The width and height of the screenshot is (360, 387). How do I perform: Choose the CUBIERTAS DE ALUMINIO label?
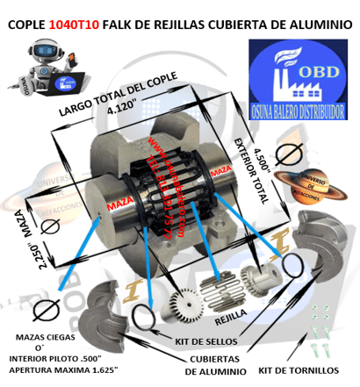(x=220, y=364)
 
